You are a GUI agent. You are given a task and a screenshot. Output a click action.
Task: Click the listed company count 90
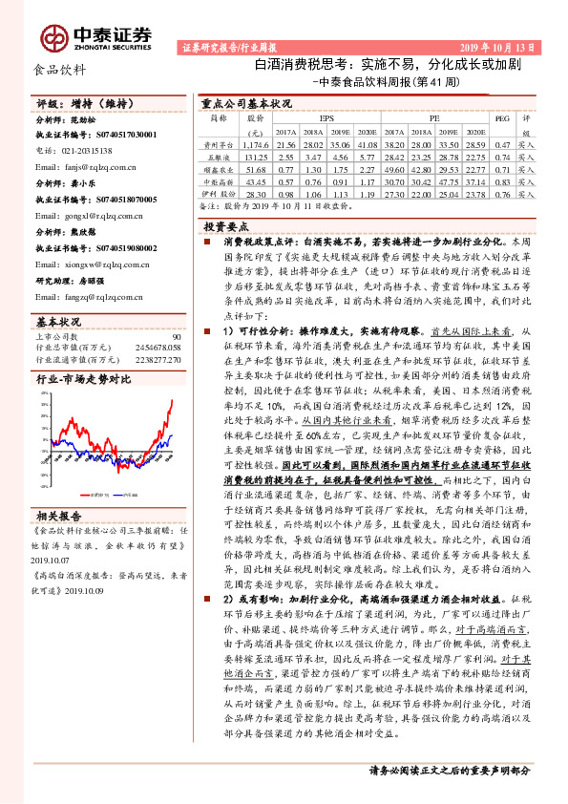pyautogui.click(x=177, y=337)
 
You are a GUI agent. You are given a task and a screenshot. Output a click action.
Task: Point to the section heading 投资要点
pyautogui.click(x=225, y=227)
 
